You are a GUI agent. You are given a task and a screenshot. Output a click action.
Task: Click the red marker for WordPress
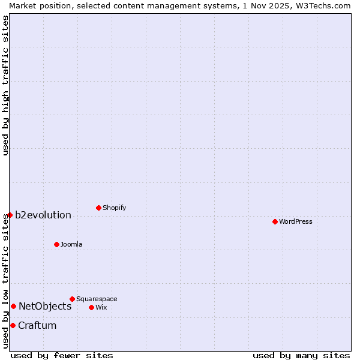pyautogui.click(x=275, y=221)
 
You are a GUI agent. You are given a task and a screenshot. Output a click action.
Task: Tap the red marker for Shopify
pyautogui.click(x=98, y=208)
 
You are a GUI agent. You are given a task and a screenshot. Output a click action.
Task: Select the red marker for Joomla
pyautogui.click(x=56, y=244)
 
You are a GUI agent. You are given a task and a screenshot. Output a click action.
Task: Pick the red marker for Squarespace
pyautogui.click(x=72, y=299)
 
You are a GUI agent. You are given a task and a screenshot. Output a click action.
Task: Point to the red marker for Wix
pyautogui.click(x=91, y=307)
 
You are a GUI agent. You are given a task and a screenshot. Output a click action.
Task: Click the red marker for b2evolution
pyautogui.click(x=10, y=215)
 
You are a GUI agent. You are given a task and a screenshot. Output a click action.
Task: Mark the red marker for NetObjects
pyautogui.click(x=13, y=306)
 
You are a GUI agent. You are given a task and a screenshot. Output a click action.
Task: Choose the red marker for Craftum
pyautogui.click(x=13, y=325)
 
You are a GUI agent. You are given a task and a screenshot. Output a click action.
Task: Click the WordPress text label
pyautogui.click(x=296, y=221)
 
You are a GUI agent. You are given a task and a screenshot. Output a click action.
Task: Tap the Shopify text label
pyautogui.click(x=115, y=208)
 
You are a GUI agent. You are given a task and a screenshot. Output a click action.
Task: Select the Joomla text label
pyautogui.click(x=71, y=244)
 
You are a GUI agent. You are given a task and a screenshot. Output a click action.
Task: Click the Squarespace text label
pyautogui.click(x=97, y=299)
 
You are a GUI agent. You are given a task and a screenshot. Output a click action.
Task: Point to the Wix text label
pyautogui.click(x=101, y=307)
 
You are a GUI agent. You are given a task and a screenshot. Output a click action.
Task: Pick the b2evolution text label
pyautogui.click(x=43, y=215)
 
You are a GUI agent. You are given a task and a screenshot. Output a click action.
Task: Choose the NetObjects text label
pyautogui.click(x=45, y=306)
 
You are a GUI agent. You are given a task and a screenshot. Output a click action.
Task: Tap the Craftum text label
pyautogui.click(x=37, y=325)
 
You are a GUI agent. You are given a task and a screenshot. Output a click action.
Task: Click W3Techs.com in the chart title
pyautogui.click(x=325, y=5)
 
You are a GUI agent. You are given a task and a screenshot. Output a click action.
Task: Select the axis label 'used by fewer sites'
pyautogui.click(x=62, y=355)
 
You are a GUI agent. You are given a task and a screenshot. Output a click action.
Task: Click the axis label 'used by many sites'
pyautogui.click(x=301, y=355)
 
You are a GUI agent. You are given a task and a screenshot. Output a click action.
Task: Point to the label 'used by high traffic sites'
pyautogui.click(x=5, y=85)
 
